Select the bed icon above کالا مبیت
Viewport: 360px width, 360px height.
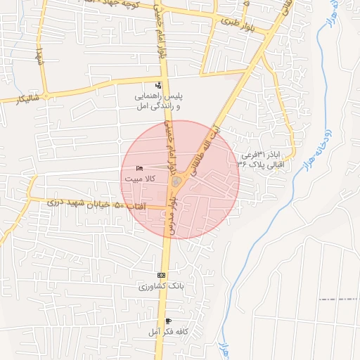coord(139,169)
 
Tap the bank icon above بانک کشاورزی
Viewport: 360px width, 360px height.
coord(162,275)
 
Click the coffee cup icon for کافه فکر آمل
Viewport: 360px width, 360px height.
coord(167,321)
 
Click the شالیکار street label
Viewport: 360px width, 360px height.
coord(18,99)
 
